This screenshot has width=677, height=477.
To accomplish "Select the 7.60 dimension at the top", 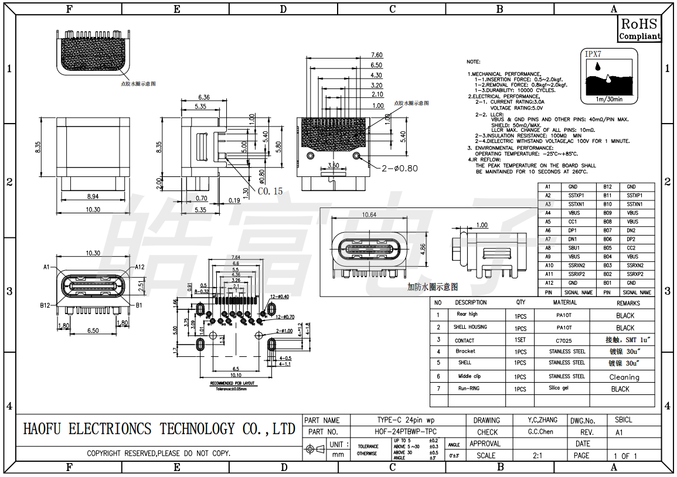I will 376,56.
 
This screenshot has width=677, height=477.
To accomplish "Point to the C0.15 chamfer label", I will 270,191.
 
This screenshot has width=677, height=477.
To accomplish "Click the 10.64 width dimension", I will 369,214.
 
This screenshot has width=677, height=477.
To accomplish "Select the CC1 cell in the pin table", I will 573,222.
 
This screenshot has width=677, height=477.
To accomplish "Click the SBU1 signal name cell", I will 573,248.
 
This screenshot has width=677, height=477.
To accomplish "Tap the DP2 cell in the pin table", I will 632,240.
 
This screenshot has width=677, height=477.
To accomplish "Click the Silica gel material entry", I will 559,389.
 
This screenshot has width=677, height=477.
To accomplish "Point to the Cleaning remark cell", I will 624,377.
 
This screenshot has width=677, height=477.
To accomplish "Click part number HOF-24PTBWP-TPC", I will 405,432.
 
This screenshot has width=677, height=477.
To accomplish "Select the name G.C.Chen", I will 540,432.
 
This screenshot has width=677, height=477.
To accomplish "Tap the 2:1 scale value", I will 537,455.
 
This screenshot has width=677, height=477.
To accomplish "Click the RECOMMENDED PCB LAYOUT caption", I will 231,384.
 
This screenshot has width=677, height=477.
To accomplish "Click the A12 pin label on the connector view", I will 140,267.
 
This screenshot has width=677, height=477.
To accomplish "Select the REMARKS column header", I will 628,303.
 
